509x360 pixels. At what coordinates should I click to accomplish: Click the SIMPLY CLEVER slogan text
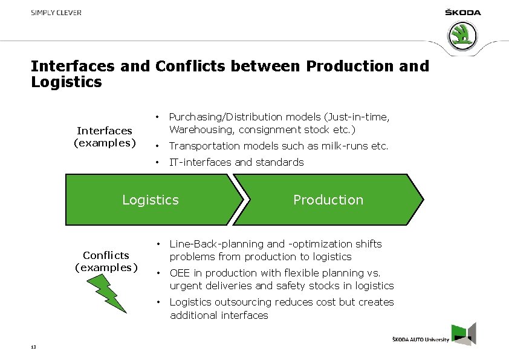coord(56,13)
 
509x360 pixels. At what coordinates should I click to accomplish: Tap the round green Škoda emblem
coord(462,36)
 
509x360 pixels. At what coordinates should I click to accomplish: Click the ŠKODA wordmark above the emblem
coord(462,13)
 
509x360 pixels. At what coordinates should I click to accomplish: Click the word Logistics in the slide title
coord(66,82)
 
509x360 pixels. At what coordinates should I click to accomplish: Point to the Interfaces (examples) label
coord(105,137)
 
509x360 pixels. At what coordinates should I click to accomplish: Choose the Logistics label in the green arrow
coord(151,200)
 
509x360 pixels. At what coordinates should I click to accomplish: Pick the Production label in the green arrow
coord(328,200)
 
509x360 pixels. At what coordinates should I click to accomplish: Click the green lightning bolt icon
coord(113,294)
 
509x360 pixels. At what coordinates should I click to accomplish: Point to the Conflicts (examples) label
coord(106,261)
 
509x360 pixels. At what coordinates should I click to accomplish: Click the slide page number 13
coord(33,346)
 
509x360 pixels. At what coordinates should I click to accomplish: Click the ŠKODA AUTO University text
coord(421,340)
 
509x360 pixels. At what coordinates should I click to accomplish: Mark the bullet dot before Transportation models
coord(157,146)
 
